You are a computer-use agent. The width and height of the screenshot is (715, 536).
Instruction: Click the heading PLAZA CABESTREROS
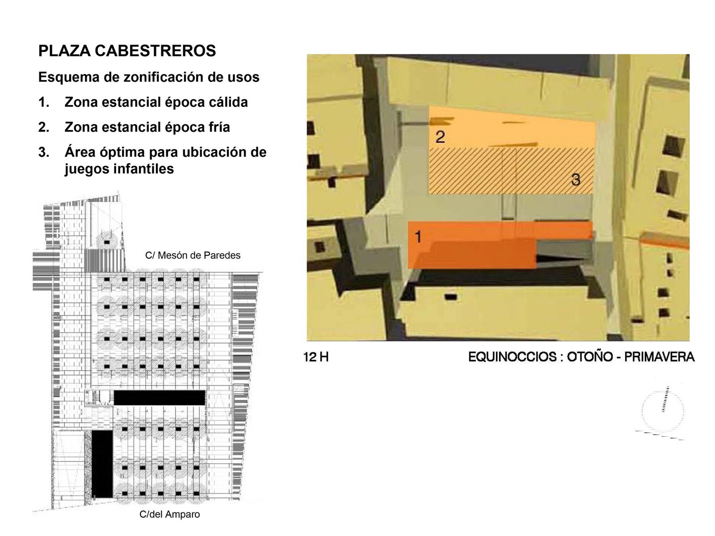coord(127,51)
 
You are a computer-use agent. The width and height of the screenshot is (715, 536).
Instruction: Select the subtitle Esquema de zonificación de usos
coord(149,77)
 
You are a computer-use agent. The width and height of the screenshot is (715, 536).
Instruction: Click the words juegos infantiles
coord(119,169)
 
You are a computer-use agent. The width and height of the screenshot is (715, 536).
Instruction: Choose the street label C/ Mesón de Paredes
coord(193,255)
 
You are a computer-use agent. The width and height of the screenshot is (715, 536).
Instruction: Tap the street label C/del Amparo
coord(170,514)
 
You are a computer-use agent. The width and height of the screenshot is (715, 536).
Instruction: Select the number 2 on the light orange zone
coord(440,137)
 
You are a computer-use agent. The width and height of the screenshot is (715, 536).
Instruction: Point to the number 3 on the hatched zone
coord(576,180)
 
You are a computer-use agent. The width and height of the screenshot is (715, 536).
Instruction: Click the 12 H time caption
coord(315,357)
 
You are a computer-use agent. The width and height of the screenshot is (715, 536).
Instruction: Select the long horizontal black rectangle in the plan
coord(159,398)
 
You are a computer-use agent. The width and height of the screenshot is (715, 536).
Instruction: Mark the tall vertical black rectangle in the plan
coord(102,464)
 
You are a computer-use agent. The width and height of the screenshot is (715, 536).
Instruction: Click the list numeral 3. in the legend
coord(44,152)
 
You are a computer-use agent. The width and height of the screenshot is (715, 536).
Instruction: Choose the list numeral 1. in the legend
coord(44,102)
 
